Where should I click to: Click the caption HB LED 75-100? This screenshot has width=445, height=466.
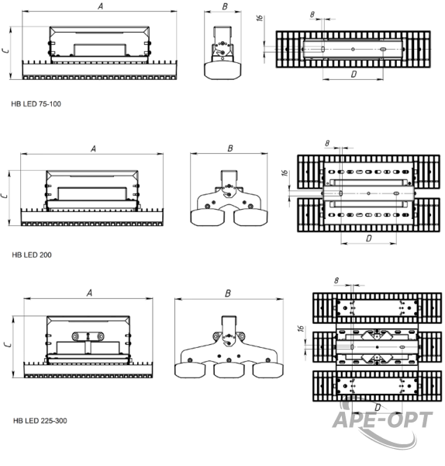pos(36,104)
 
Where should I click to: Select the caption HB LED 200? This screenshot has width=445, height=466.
pos(32,255)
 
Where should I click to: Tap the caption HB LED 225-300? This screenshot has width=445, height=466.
pos(40,421)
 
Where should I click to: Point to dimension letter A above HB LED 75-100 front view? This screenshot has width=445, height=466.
pos(101,6)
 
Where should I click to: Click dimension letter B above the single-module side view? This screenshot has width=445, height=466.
pos(225,6)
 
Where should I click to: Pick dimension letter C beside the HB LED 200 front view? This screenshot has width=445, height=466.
pos(5,196)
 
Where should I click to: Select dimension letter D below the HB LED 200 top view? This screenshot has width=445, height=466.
pos(369,238)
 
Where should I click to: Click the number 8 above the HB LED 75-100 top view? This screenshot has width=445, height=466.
pos(312,14)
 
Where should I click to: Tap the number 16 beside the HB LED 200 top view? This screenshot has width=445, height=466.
pos(285,173)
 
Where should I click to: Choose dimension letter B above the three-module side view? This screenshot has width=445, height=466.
pos(228,294)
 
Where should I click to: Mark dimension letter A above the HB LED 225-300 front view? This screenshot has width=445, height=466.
pos(89,293)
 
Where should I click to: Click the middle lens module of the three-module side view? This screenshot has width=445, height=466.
pos(229,370)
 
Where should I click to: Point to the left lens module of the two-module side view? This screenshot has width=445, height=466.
pos(207,217)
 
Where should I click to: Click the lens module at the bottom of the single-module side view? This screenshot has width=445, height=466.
pos(222,71)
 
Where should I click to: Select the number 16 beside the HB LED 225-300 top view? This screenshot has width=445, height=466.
pos(301,329)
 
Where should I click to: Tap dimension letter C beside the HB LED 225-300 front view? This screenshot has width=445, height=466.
pos(8,345)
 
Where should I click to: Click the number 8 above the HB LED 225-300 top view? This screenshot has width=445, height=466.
pos(336,280)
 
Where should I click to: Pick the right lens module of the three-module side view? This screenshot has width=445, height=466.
pos(268,370)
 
